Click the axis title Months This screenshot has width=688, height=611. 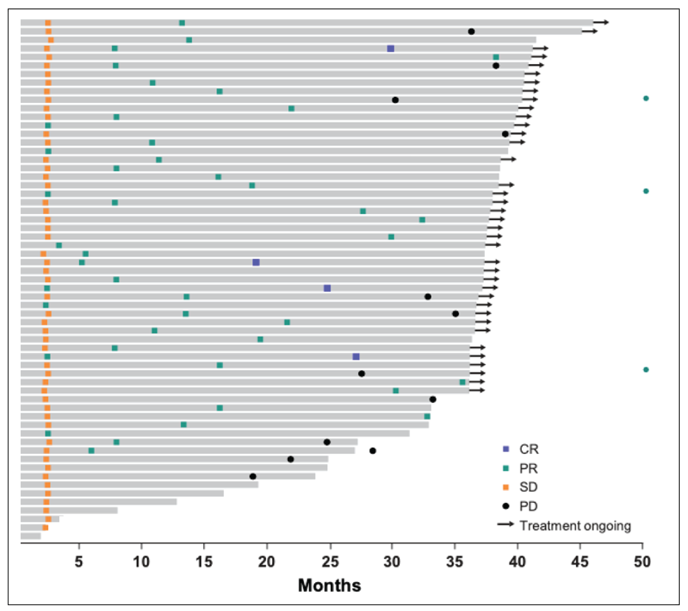coord(329,585)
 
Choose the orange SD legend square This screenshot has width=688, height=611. coord(505,487)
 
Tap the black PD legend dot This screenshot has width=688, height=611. coord(505,506)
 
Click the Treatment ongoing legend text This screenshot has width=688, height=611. coord(575,525)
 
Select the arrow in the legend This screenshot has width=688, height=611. coord(505,524)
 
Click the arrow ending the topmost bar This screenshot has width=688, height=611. coord(601,23)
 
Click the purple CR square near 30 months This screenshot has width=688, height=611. coord(390,49)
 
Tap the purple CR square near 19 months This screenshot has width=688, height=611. coord(256,262)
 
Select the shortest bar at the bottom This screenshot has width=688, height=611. coord(31,536)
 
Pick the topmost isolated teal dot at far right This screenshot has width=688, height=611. coord(646,98)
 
